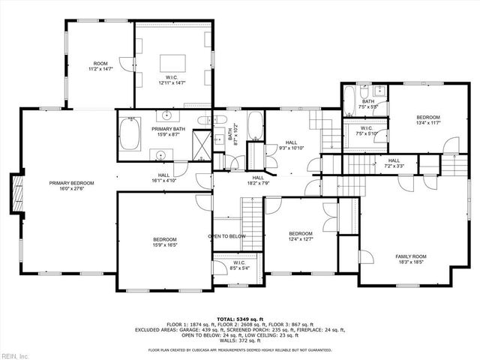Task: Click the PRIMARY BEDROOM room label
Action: pyautogui.click(x=72, y=186)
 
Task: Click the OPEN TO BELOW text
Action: pyautogui.click(x=226, y=236)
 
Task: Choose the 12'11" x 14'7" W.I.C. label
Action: pyautogui.click(x=172, y=79)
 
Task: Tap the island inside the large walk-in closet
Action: pyautogui.click(x=175, y=61)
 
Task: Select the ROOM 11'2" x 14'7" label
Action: pyautogui.click(x=100, y=66)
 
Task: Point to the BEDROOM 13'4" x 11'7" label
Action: pyautogui.click(x=428, y=120)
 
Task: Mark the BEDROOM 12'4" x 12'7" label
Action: pyautogui.click(x=301, y=236)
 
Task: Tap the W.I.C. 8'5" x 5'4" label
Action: pyautogui.click(x=239, y=265)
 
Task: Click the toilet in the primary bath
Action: pyautogui.click(x=203, y=122)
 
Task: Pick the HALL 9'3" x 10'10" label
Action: pyautogui.click(x=291, y=145)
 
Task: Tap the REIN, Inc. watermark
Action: pyautogui.click(x=15, y=354)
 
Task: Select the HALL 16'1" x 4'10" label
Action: pyautogui.click(x=163, y=178)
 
